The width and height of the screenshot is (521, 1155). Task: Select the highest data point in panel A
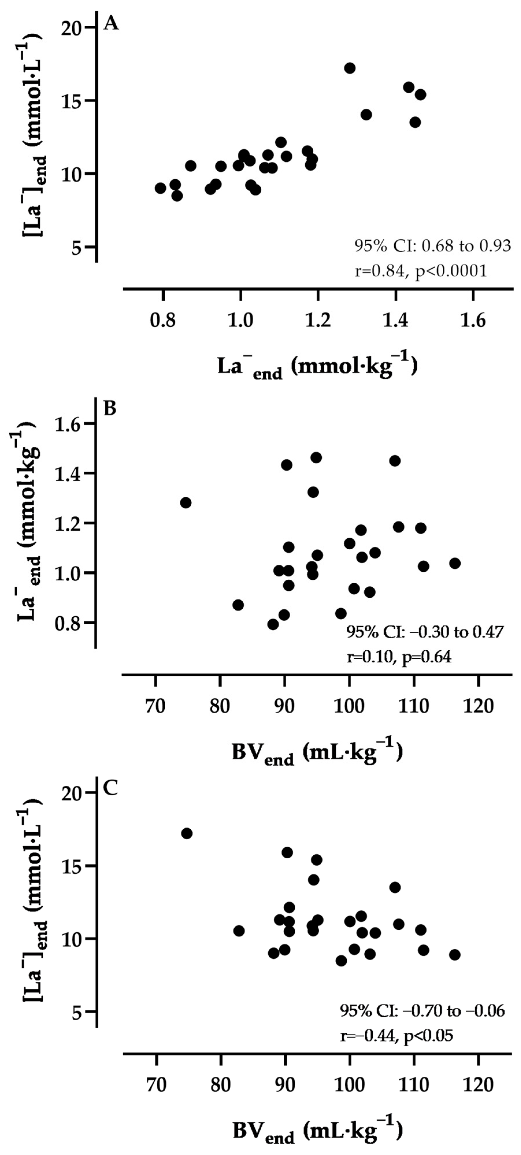click(350, 68)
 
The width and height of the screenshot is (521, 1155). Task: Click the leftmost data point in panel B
click(186, 503)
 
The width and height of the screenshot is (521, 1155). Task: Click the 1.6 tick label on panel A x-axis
click(473, 321)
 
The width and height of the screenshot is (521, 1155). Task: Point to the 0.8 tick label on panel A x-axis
click(162, 321)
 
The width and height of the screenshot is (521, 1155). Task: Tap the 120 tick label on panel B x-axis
click(478, 706)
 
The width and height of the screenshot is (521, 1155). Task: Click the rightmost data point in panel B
click(455, 563)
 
